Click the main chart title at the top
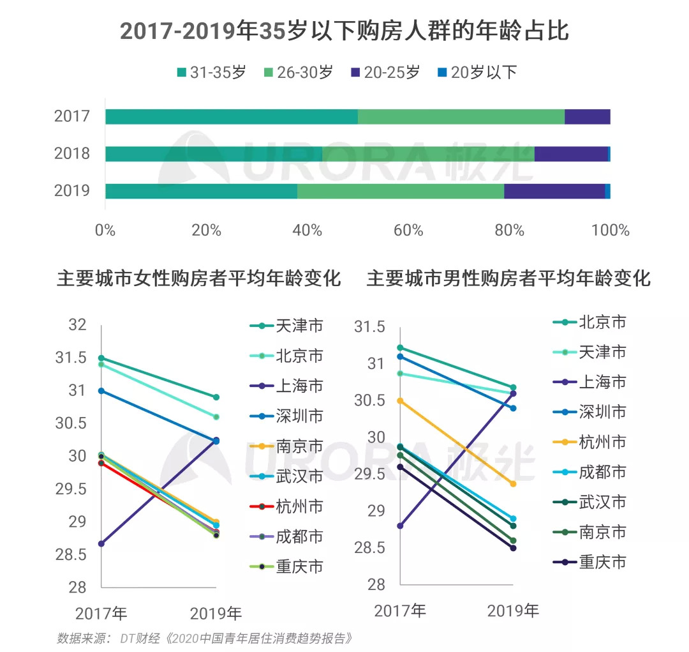point(344,31)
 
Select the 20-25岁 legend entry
point(385,72)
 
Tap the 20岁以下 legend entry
point(477,72)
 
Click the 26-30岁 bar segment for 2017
point(461,117)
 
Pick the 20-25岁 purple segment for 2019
point(554,191)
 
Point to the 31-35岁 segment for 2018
point(214,154)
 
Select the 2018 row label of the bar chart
point(71,154)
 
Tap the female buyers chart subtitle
point(199,279)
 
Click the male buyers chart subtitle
point(508,279)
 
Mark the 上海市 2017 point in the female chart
point(101,544)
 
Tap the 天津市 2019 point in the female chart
point(216,397)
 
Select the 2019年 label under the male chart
point(513,610)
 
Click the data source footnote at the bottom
point(204,638)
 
